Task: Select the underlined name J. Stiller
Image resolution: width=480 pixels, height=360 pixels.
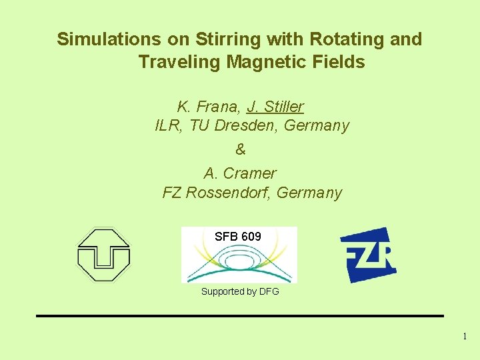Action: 275,107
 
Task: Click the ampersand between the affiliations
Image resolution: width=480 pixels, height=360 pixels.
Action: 241,150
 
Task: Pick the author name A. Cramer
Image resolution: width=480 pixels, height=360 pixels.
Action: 240,173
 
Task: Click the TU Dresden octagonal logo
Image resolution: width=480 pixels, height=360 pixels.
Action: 103,254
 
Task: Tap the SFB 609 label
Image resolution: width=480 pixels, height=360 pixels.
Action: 238,237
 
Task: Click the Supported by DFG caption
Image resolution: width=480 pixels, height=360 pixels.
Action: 240,291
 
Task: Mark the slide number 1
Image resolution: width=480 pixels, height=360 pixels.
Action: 465,337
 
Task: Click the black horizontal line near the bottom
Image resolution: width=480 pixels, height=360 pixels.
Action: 240,315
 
